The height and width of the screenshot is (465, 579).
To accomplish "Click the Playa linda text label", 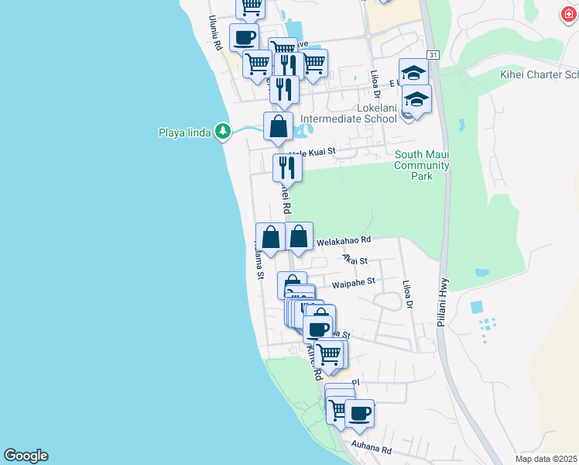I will click(x=185, y=132).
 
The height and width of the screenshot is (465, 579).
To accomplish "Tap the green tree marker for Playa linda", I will click(x=223, y=131).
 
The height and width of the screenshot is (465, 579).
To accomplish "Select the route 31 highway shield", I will click(x=433, y=55).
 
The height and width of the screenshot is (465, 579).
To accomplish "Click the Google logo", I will click(x=26, y=456).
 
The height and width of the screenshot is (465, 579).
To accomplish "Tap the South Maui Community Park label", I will click(x=421, y=165).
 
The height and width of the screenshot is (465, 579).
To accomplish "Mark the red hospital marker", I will click(x=569, y=13).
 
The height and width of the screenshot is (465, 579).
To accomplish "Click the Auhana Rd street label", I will click(x=371, y=447).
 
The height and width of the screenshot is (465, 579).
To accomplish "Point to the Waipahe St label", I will click(x=353, y=284).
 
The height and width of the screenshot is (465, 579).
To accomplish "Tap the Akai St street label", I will click(x=355, y=262).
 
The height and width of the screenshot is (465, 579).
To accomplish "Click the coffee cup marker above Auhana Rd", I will click(x=359, y=412).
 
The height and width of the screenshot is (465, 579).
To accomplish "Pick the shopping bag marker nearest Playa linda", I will click(x=278, y=126).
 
